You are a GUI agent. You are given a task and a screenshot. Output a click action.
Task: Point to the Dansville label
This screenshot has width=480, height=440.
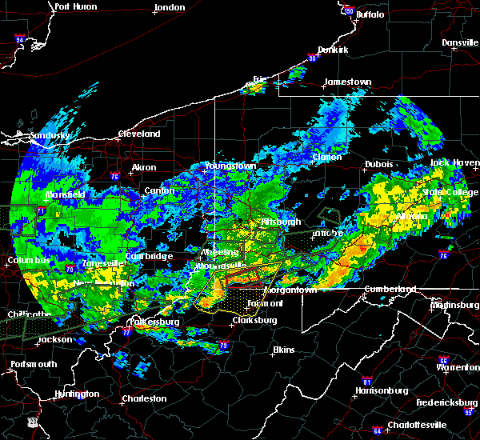click(458, 42)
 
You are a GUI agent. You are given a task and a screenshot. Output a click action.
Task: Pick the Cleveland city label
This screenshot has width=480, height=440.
click(139, 134)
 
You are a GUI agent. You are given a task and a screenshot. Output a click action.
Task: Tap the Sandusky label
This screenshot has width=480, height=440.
click(50, 136)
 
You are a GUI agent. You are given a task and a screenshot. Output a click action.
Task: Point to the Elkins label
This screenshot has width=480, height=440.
click(283, 350)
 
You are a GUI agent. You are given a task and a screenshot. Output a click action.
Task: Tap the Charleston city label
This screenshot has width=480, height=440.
click(144, 398)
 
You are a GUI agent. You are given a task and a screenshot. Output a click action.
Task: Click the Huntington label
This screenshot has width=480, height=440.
click(77, 394)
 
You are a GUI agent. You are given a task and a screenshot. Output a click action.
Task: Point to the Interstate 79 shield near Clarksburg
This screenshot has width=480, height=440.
click(223, 345)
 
